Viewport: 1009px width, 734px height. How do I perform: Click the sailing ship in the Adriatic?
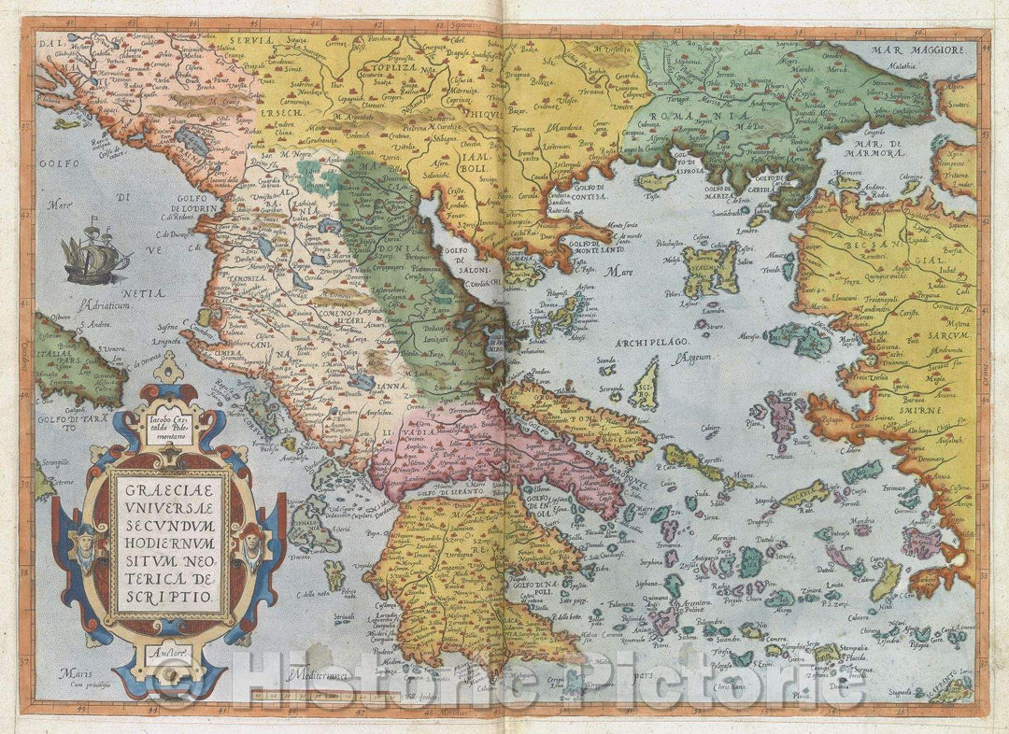pos(94,253)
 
